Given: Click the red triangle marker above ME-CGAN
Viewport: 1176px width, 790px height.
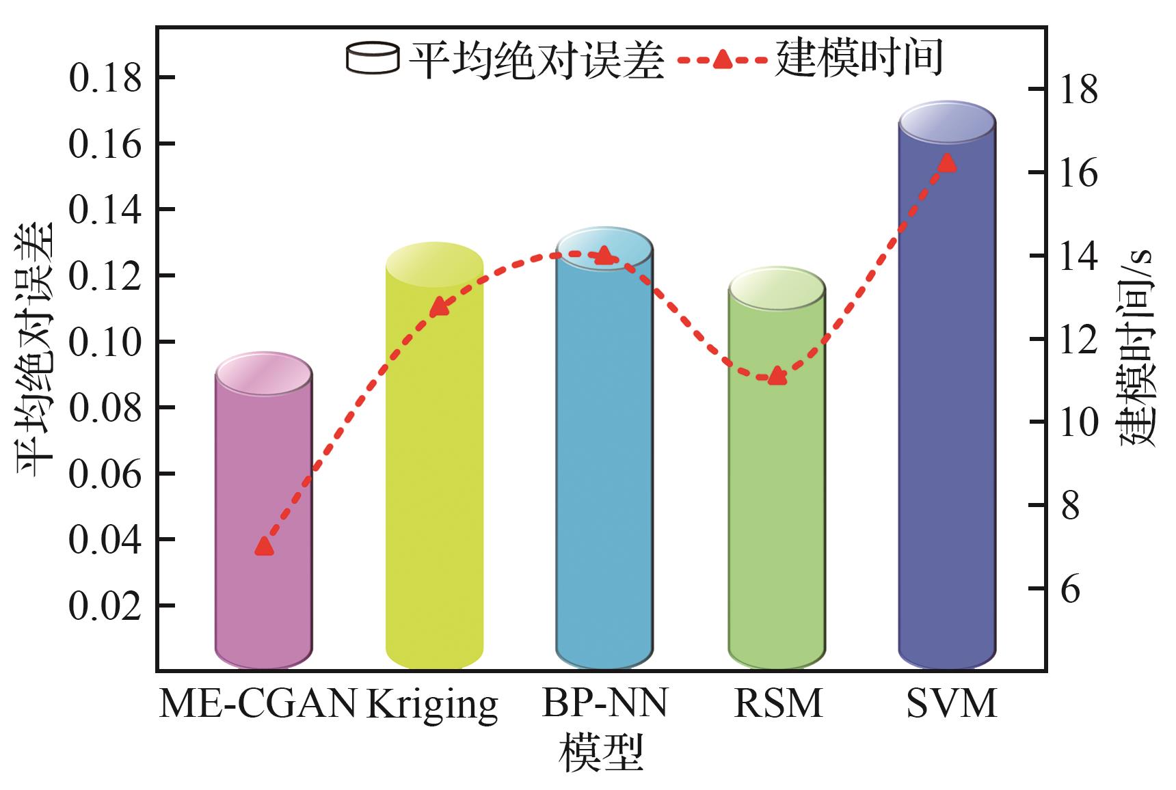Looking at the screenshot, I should click(x=264, y=546).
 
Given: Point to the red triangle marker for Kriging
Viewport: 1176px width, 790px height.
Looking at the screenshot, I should click(x=438, y=308).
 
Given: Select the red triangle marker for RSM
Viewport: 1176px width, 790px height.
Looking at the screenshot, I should click(x=776, y=376).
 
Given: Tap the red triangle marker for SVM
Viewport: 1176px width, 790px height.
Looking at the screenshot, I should click(x=947, y=163).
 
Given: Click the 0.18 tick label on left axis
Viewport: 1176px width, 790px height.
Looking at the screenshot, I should click(x=105, y=79).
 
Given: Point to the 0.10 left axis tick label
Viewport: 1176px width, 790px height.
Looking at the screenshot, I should click(x=105, y=342).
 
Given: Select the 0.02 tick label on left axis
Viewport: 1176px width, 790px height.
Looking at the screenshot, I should click(x=105, y=606).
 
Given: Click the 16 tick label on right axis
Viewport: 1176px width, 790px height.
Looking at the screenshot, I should click(x=1078, y=173).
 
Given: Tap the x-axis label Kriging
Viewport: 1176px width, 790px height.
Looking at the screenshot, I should click(x=432, y=704).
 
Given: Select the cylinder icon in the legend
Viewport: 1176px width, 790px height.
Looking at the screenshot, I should click(x=372, y=58).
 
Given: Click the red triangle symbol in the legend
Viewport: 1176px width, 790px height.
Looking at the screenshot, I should click(x=722, y=60).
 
